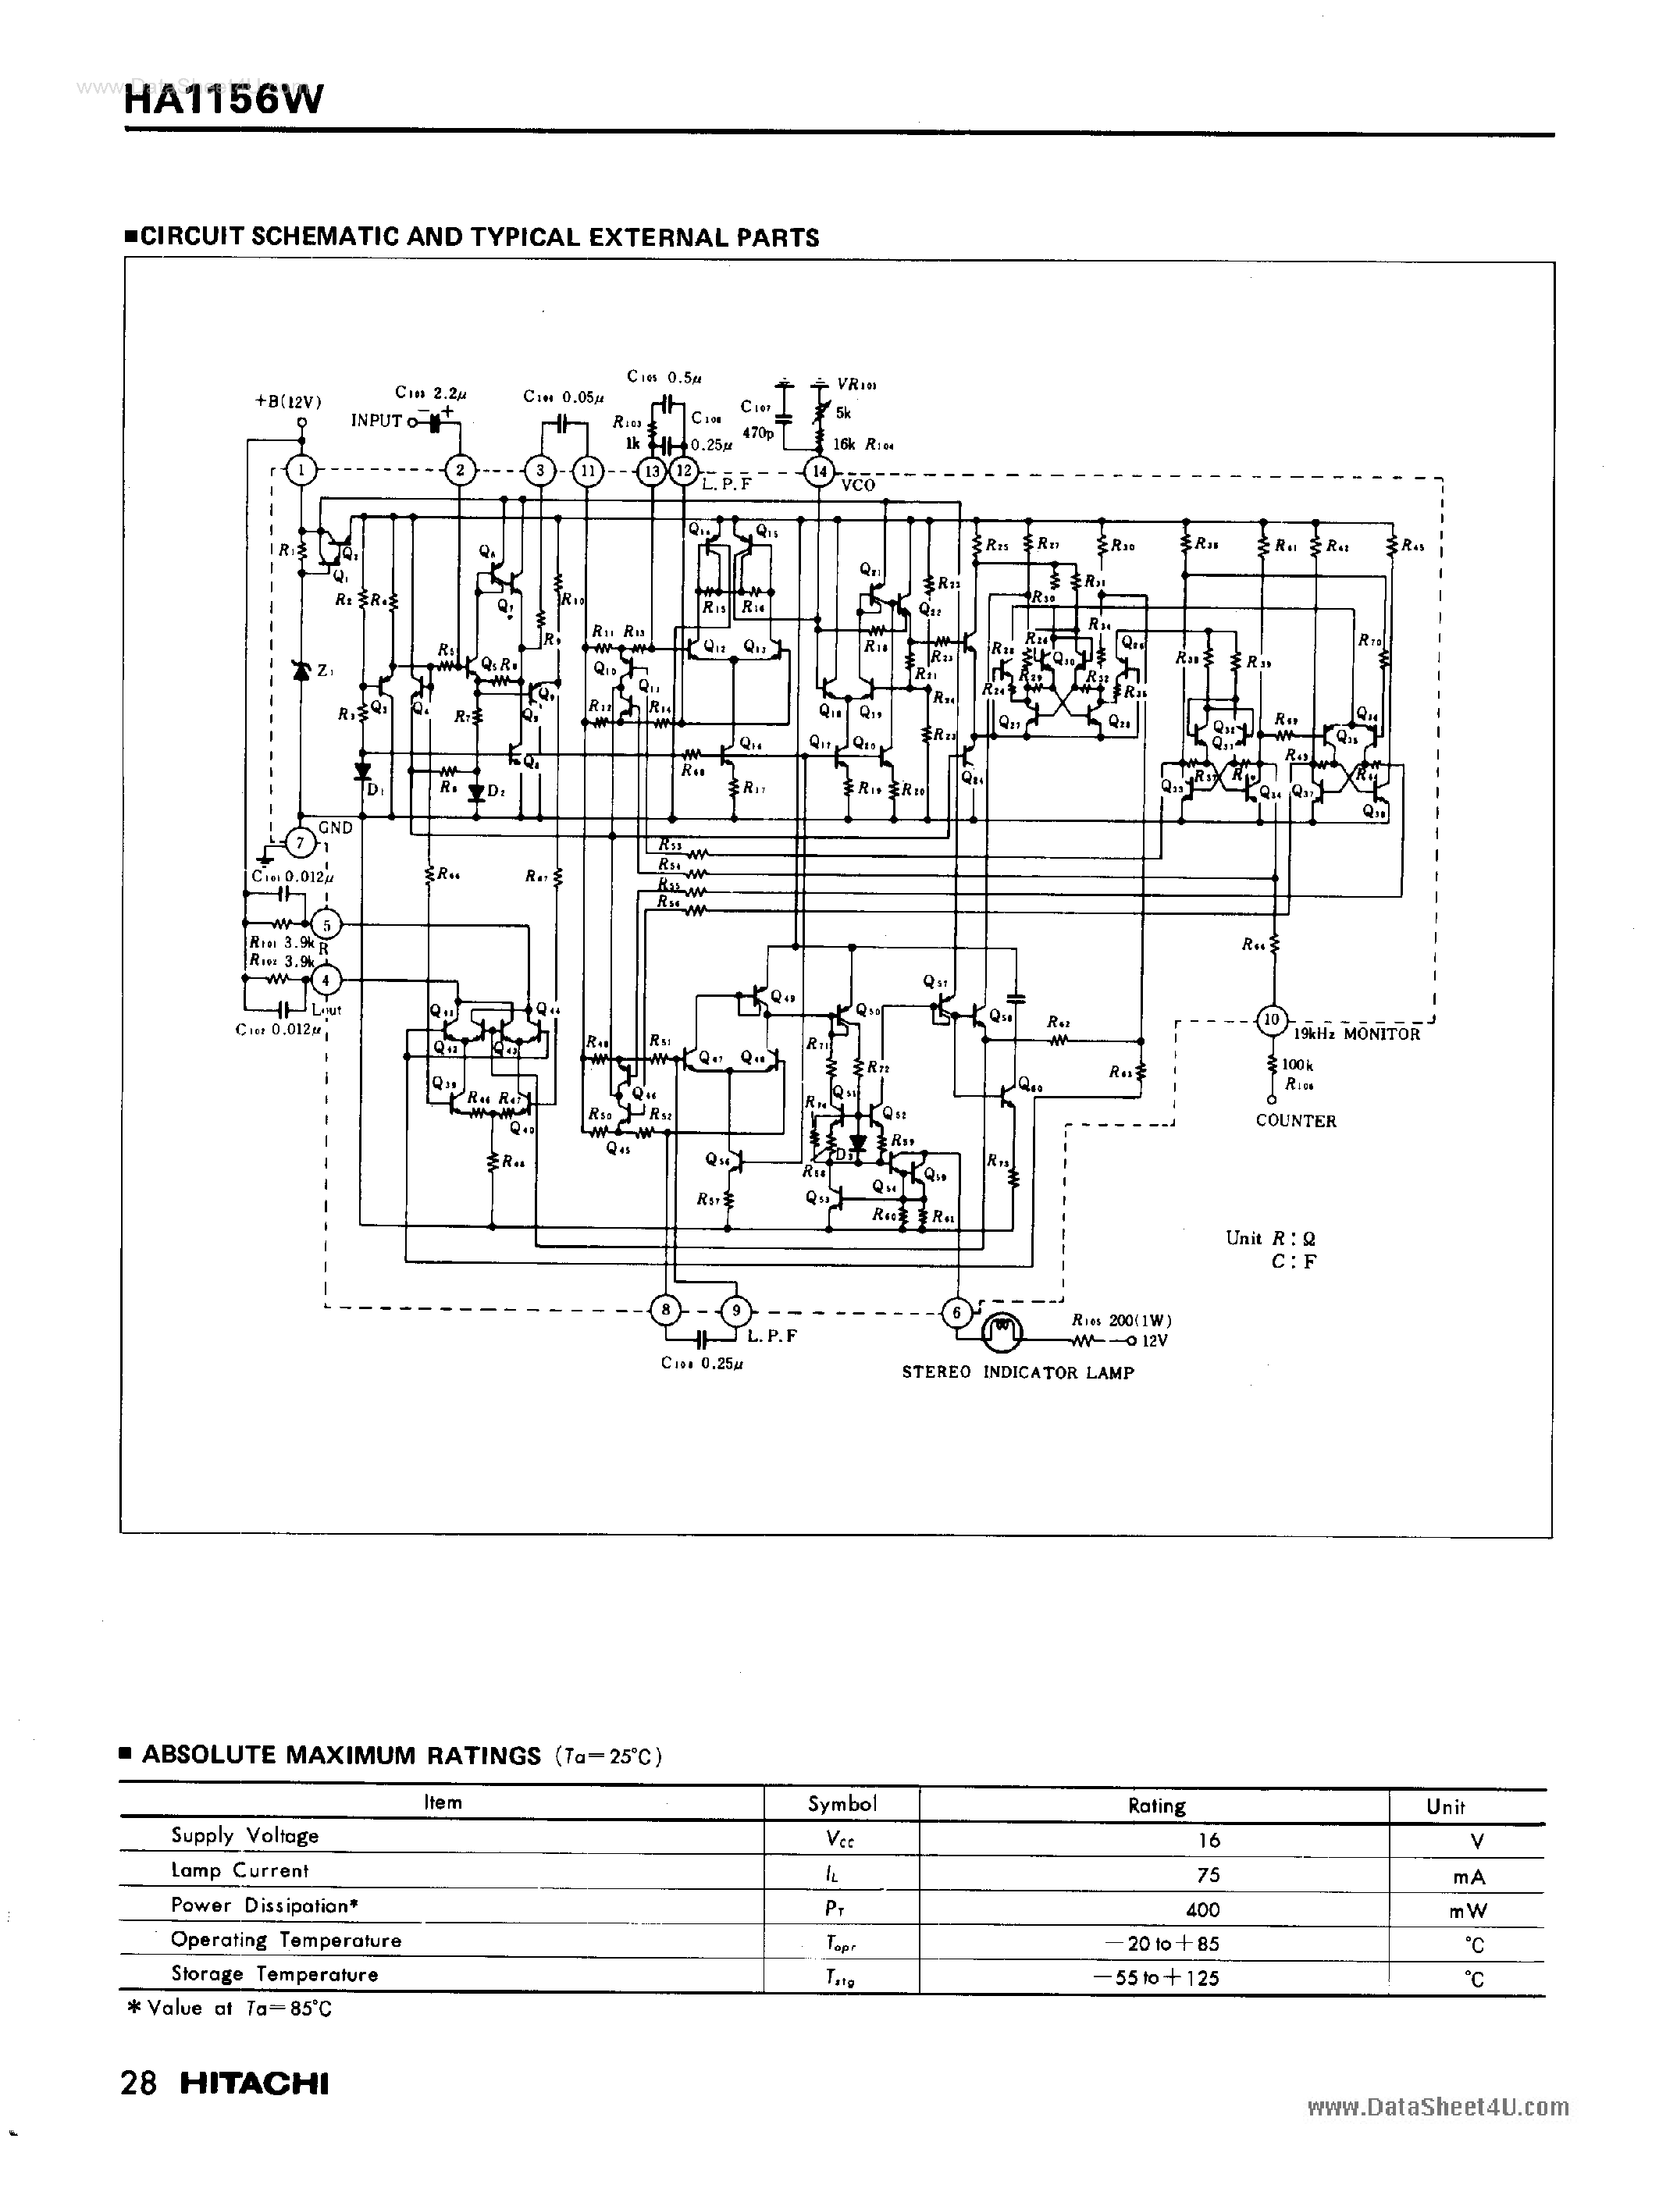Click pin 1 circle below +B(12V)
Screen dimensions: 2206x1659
coord(301,471)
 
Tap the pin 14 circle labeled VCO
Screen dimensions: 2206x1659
coord(819,471)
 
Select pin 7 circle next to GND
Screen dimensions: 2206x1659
coord(301,844)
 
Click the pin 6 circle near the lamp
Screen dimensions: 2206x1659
coord(956,1312)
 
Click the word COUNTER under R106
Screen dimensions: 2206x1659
coord(1296,1121)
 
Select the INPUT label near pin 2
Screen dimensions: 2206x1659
coord(376,421)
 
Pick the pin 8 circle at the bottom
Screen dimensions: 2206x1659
coord(665,1309)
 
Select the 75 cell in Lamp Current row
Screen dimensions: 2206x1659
coord(1208,1875)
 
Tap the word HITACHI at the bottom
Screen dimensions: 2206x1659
coord(255,2083)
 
